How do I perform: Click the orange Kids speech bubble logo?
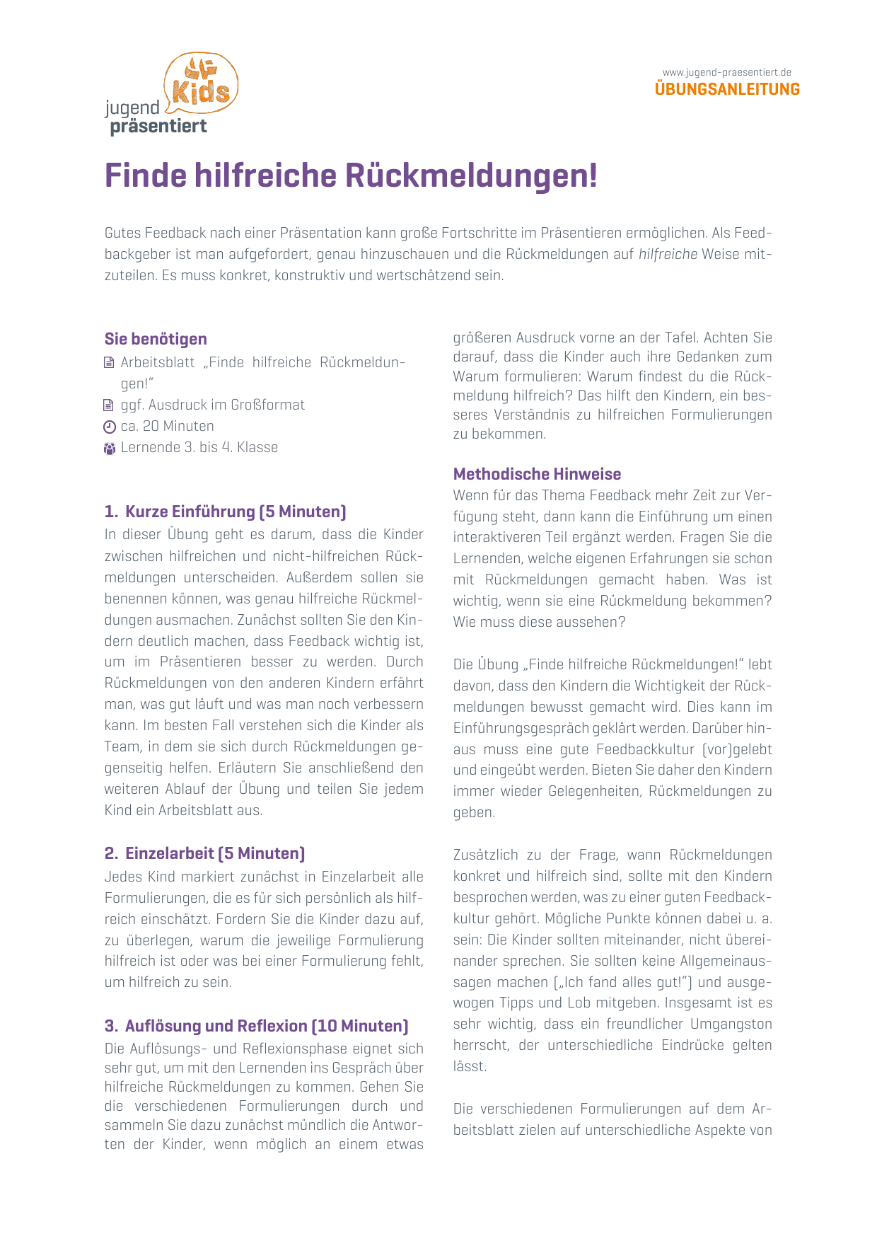[x=202, y=83]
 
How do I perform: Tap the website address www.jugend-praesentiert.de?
[x=726, y=72]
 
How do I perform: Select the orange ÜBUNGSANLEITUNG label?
[x=727, y=89]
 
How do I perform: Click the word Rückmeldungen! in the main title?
[x=471, y=176]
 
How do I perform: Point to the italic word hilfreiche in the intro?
[x=668, y=254]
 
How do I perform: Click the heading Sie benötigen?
[x=156, y=339]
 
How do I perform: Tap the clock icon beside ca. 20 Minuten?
[x=109, y=427]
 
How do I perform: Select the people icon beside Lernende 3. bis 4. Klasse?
[x=109, y=448]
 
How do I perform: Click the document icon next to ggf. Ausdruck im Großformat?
[x=109, y=405]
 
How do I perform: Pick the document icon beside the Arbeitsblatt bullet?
[x=109, y=363]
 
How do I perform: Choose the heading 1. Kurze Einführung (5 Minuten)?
[x=225, y=512]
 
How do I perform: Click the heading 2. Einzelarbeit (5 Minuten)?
[x=204, y=853]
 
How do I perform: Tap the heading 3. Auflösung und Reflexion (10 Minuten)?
[x=256, y=1026]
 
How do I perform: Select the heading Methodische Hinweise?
[x=537, y=474]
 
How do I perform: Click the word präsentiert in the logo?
[x=158, y=127]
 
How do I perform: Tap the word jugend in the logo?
[x=132, y=108]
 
